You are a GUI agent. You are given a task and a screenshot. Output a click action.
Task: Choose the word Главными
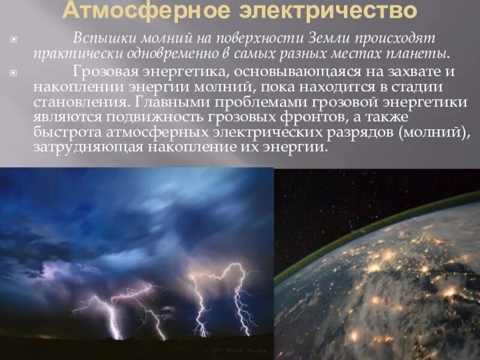(169, 101)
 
